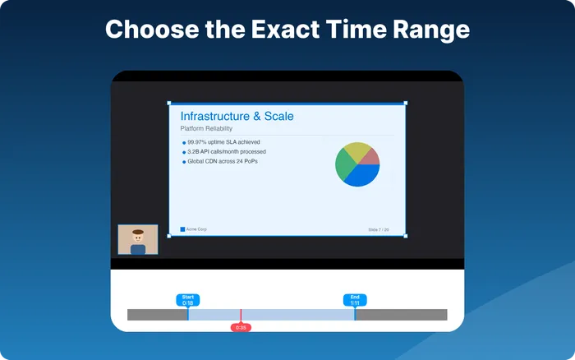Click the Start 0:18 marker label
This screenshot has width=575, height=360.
(187, 300)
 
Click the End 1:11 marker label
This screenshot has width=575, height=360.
(355, 300)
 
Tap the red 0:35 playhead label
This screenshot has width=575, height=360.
(241, 327)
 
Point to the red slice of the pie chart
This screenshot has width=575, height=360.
(370, 155)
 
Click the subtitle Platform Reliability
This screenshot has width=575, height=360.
(206, 129)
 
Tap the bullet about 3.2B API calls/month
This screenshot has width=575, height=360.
(226, 152)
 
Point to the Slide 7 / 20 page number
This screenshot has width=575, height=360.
(379, 229)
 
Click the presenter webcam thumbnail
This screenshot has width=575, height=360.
(138, 240)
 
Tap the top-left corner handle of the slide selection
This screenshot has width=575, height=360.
(169, 104)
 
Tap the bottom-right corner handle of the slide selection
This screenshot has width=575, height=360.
(405, 236)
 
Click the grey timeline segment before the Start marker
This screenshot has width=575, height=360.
(157, 315)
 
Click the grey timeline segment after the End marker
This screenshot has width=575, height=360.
(401, 315)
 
